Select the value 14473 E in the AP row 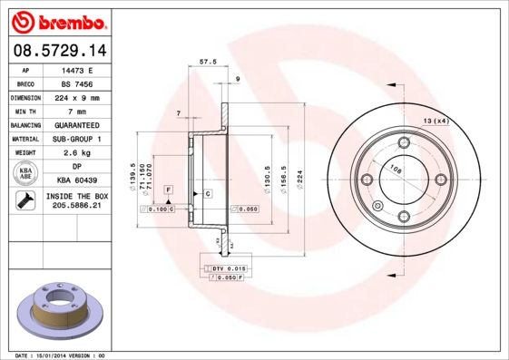pyautogui.click(x=76, y=69)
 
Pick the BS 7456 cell pyautogui.click(x=76, y=83)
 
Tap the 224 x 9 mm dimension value pyautogui.click(x=76, y=96)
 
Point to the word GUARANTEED pyautogui.click(x=76, y=124)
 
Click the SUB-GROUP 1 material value pyautogui.click(x=76, y=139)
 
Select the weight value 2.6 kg pyautogui.click(x=76, y=153)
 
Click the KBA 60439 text pyautogui.click(x=76, y=180)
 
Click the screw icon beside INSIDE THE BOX pyautogui.click(x=25, y=201)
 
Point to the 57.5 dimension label pyautogui.click(x=208, y=63)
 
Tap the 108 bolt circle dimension pyautogui.click(x=396, y=168)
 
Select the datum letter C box pyautogui.click(x=207, y=194)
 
